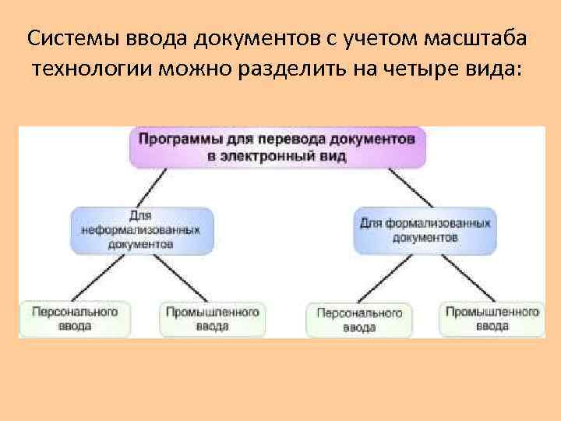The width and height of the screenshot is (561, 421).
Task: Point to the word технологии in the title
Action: [92, 70]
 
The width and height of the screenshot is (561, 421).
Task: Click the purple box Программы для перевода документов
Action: [278, 147]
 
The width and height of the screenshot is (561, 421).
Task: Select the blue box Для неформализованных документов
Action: [141, 230]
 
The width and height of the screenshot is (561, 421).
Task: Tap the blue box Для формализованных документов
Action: [425, 230]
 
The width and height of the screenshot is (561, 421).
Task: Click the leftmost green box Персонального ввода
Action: [74, 318]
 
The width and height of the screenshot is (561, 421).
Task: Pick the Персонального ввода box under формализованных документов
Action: [358, 319]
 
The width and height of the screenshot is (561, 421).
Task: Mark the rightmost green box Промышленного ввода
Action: [492, 318]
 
